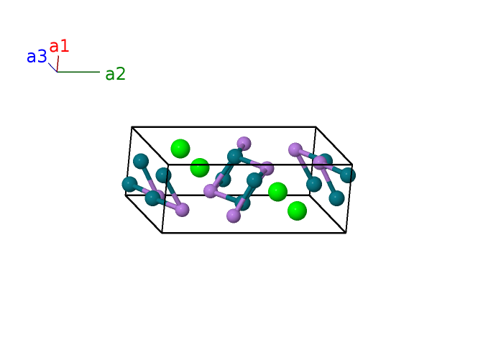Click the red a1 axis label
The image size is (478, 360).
click(59, 46)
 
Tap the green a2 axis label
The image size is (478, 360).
click(115, 73)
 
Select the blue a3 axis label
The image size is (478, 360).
click(37, 57)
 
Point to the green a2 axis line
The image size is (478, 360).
click(78, 72)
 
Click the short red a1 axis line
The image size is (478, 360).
click(58, 64)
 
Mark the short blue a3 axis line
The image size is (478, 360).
click(52, 68)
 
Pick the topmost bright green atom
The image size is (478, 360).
click(180, 149)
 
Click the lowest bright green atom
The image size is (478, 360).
click(297, 211)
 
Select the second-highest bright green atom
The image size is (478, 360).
click(200, 167)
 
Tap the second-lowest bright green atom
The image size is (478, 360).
click(277, 192)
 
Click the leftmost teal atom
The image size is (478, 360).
click(129, 184)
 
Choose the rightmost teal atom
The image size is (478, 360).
click(348, 175)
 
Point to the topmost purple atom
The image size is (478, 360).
click(244, 143)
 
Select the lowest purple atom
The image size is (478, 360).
click(234, 216)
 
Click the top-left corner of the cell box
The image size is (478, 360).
click(132, 127)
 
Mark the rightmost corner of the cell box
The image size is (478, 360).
click(353, 165)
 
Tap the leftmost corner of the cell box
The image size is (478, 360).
click(126, 195)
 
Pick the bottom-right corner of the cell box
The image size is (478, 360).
click(346, 232)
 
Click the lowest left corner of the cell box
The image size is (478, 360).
click(162, 233)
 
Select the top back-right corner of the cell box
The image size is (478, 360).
click(316, 127)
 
